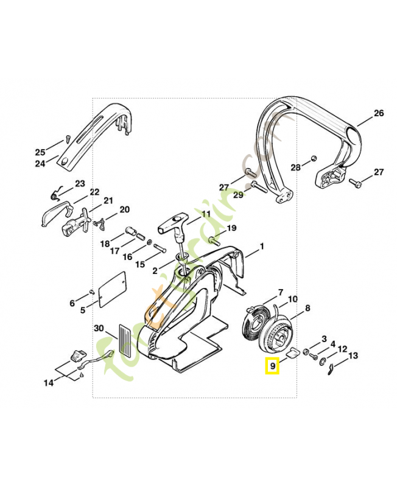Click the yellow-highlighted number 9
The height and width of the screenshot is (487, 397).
[272, 366]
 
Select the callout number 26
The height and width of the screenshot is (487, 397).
[378, 113]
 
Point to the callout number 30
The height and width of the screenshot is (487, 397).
[99, 329]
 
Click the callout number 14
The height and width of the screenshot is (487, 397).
[48, 383]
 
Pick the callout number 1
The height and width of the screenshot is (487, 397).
[262, 247]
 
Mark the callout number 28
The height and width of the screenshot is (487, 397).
[295, 167]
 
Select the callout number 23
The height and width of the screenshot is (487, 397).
[80, 183]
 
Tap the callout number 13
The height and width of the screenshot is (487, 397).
[353, 356]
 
